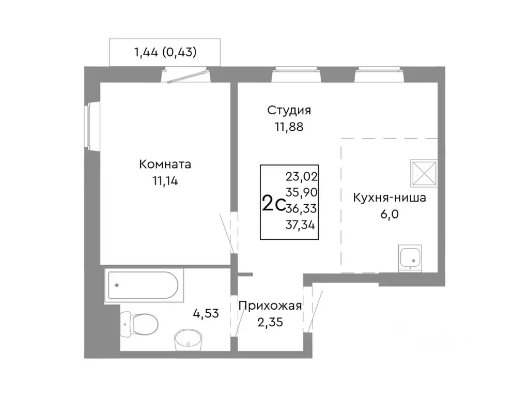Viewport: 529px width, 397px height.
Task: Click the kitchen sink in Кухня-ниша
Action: pyautogui.click(x=411, y=258)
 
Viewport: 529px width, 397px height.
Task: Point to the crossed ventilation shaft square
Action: pyautogui.click(x=424, y=173)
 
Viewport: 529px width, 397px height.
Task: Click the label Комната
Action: pyautogui.click(x=165, y=165)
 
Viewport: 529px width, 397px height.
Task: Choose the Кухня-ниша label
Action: pyautogui.click(x=390, y=198)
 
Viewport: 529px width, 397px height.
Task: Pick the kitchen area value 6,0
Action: pyautogui.click(x=390, y=213)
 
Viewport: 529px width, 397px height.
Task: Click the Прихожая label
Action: pyautogui.click(x=270, y=306)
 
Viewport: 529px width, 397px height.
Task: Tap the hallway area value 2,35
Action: pyautogui.click(x=270, y=322)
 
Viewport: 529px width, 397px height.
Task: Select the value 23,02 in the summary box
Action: pyautogui.click(x=302, y=176)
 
